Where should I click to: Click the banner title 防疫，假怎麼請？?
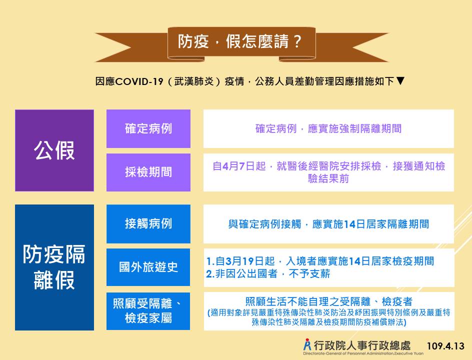(x=240, y=41)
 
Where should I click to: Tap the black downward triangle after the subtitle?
(x=400, y=80)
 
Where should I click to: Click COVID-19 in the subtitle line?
(x=139, y=81)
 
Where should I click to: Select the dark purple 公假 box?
(x=54, y=150)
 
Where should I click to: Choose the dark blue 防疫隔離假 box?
(x=54, y=267)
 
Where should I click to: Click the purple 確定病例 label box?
(x=148, y=128)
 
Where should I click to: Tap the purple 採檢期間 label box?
(x=148, y=172)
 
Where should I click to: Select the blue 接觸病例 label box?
(x=148, y=223)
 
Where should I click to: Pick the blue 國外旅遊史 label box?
(x=148, y=267)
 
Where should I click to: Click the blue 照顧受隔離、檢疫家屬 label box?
(x=148, y=311)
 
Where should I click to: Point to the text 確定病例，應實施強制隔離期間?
(x=328, y=128)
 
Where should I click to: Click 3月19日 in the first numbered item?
(x=249, y=261)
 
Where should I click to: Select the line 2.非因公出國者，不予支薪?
(x=268, y=274)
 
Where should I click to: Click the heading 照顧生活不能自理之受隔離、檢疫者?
(x=328, y=301)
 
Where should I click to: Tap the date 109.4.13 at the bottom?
(x=445, y=346)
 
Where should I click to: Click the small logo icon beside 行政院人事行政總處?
(x=307, y=344)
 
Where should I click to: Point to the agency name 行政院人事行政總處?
(x=362, y=345)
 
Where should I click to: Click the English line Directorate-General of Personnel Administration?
(x=363, y=353)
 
